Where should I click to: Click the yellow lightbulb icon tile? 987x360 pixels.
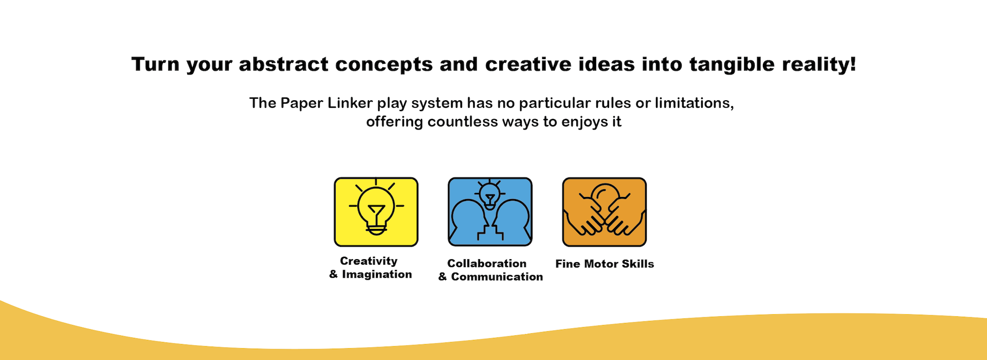click(376, 212)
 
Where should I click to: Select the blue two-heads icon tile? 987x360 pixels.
click(490, 212)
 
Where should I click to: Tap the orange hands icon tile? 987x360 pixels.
click(604, 212)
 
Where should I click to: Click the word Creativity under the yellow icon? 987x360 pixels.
click(369, 261)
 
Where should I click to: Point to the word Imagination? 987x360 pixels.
click(377, 274)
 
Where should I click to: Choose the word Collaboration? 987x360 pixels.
click(487, 263)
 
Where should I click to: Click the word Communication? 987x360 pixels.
click(497, 277)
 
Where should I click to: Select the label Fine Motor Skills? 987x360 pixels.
click(605, 264)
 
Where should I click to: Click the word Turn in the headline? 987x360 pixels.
click(155, 64)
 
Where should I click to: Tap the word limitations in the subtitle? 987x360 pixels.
click(694, 103)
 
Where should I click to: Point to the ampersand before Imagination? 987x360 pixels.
click(334, 274)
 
